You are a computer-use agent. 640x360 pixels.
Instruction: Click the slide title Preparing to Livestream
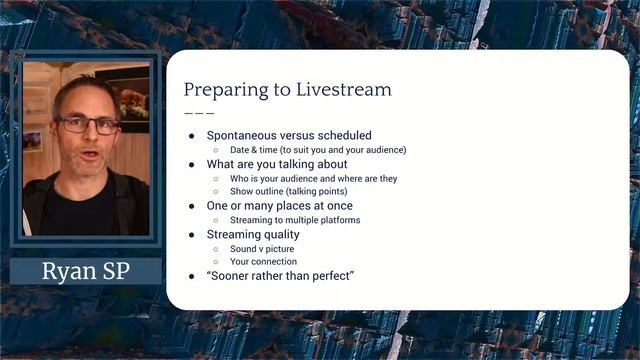(287, 90)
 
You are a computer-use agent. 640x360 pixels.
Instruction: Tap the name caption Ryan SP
(86, 272)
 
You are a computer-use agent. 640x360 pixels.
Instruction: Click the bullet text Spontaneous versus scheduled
(289, 135)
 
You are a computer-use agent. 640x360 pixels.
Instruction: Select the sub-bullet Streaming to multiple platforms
(295, 220)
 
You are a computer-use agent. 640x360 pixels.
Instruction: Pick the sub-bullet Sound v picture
(262, 248)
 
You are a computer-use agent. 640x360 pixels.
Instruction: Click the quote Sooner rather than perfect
(281, 275)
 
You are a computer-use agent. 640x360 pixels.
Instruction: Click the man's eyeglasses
(88, 124)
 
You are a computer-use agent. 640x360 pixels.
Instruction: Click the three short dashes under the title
(199, 113)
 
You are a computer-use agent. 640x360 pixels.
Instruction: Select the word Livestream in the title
(344, 90)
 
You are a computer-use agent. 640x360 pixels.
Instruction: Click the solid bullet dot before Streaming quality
(192, 234)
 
